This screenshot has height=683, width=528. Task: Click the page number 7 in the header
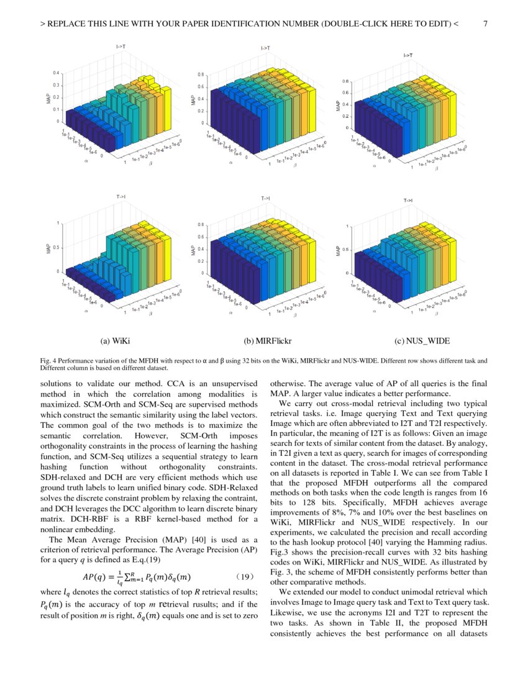[485, 24]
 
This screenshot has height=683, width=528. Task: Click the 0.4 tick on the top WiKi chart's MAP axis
[57, 73]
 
